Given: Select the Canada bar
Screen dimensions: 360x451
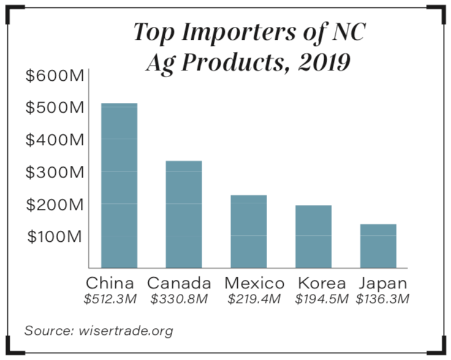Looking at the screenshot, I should [x=184, y=214].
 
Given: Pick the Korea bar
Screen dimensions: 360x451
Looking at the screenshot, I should [x=314, y=236].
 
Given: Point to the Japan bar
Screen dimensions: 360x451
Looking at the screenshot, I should [x=378, y=246].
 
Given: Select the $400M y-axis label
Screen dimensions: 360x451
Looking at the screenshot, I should [x=55, y=140].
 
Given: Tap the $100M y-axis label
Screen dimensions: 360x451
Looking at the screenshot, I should [x=55, y=236].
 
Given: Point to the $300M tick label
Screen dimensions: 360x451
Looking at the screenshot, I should [x=55, y=172].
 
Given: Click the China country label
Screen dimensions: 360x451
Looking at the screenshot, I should [x=110, y=283].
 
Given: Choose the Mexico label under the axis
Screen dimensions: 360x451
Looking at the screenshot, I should [x=254, y=283].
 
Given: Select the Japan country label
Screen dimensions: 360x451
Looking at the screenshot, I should [x=384, y=283].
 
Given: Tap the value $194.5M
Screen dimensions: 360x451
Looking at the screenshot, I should [x=322, y=300].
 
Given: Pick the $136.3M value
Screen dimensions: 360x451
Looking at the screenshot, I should [x=384, y=300].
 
